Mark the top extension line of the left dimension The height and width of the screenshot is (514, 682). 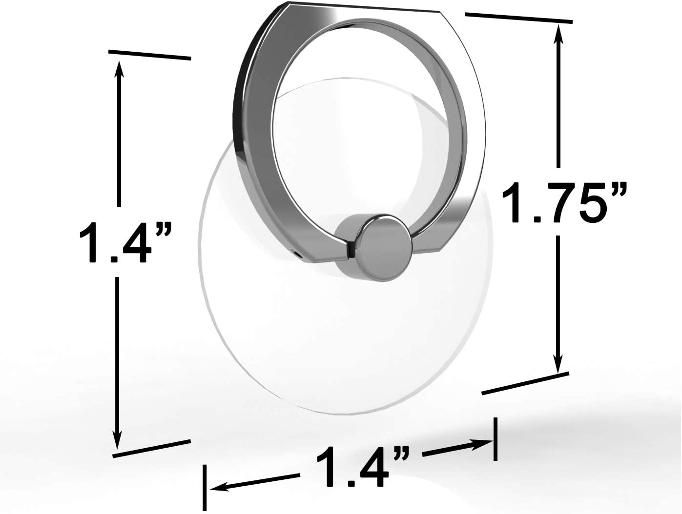149,55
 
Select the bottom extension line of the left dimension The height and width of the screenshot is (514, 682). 151,448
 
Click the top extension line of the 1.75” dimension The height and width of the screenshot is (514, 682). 518,18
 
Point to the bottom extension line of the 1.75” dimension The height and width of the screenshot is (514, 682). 525,383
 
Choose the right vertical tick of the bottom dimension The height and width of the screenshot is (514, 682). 496,439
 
